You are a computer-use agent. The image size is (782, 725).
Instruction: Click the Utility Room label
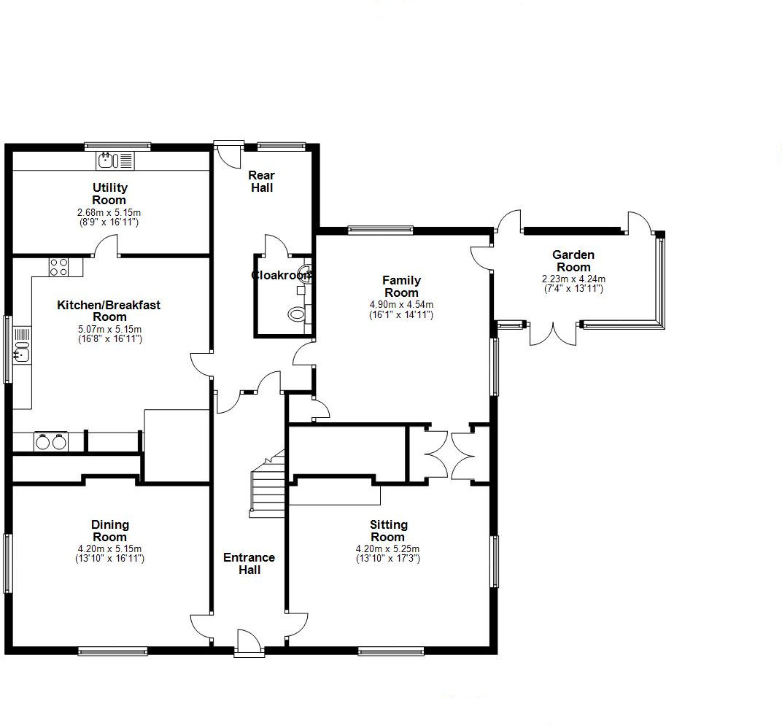pos(109,194)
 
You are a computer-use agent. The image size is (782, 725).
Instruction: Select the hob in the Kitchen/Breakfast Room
pos(58,268)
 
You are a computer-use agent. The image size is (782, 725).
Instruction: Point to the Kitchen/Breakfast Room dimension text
pos(109,333)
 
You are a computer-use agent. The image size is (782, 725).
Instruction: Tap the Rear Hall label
pos(261,182)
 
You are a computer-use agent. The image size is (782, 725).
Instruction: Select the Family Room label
pos(401,286)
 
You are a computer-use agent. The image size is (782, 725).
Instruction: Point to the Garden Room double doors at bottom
pos(553,333)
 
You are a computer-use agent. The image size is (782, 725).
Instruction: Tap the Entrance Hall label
pos(249,563)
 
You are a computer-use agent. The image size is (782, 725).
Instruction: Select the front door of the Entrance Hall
pos(248,643)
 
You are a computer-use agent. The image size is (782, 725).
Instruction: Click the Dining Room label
pos(110,530)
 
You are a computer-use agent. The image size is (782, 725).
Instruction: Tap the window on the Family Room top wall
pos(380,230)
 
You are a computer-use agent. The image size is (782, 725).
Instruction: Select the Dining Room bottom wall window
pos(112,651)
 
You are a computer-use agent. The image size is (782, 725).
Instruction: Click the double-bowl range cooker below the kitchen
pos(50,441)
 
